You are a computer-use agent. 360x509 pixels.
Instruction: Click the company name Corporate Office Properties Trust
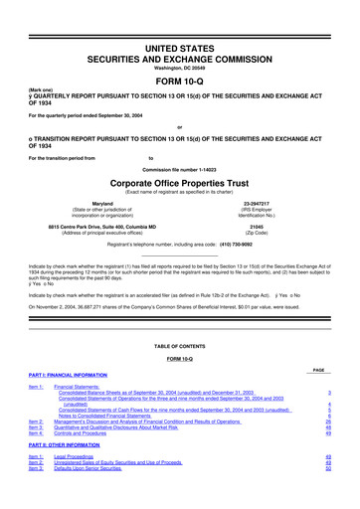(x=180, y=184)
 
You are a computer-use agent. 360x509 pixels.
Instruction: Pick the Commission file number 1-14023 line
(x=180, y=170)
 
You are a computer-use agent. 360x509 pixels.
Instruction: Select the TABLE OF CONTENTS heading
(x=180, y=347)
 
